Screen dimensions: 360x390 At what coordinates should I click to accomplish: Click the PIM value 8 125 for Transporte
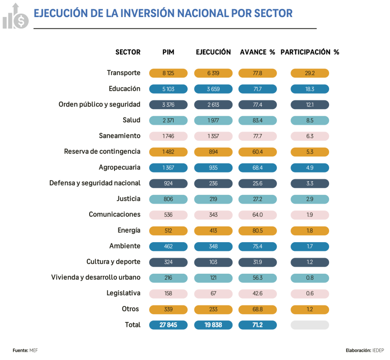[168, 73]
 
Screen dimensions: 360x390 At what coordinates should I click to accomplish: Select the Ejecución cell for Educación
[213, 89]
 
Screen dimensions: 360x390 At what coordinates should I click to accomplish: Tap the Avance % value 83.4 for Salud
[257, 120]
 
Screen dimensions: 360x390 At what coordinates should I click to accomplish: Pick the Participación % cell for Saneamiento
[310, 136]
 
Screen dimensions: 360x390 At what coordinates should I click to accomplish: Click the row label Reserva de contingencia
[102, 152]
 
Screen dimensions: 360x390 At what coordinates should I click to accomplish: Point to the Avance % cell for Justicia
[257, 199]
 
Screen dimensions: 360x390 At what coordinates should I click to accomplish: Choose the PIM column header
[168, 52]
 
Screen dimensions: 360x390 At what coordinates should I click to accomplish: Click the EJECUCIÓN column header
[213, 52]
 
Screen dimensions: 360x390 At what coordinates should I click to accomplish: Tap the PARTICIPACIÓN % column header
[310, 52]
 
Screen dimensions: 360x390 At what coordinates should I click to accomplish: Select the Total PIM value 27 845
[168, 325]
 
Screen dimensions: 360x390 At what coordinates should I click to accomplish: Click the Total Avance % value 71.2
[257, 325]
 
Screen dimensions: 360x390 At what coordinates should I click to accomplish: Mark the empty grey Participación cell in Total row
[310, 325]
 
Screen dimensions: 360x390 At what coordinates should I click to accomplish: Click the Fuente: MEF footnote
[25, 350]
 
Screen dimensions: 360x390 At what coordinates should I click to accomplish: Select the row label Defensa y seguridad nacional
[95, 183]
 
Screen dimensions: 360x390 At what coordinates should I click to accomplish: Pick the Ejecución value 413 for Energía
[213, 230]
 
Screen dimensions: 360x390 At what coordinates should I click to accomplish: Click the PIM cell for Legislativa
[168, 293]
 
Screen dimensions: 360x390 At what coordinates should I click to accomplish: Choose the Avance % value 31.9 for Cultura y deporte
[257, 262]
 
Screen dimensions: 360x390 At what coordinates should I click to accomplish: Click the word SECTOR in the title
[273, 13]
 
